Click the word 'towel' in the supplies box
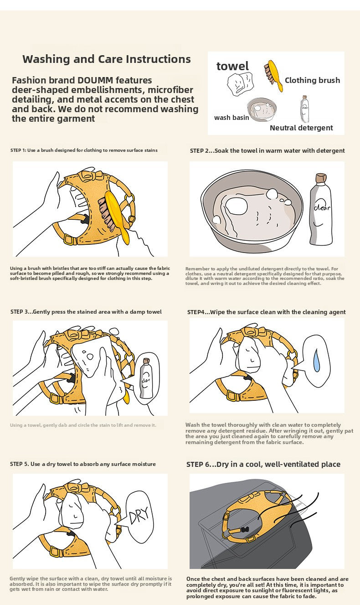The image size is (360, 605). pos(232,66)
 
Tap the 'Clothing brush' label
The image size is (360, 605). pos(312,80)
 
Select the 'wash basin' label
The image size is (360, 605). pos(231,118)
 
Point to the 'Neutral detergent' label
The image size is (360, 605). pos(301,128)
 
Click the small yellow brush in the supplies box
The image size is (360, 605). pos(273,75)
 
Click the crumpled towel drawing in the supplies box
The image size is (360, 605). pos(240,83)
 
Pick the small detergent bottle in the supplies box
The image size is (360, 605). pos(305,109)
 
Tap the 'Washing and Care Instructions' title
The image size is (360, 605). pos(107,59)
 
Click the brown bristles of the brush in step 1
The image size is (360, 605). pos(106,214)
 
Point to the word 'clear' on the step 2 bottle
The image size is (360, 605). pos(322,207)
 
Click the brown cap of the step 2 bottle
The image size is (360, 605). pos(321,178)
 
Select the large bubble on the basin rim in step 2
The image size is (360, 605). pos(272,193)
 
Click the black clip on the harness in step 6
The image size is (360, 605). pos(245,530)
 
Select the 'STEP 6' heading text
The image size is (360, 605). pos(198,464)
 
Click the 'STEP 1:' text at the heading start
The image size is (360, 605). pos(18,150)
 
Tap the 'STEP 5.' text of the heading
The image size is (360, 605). pos(20,464)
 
